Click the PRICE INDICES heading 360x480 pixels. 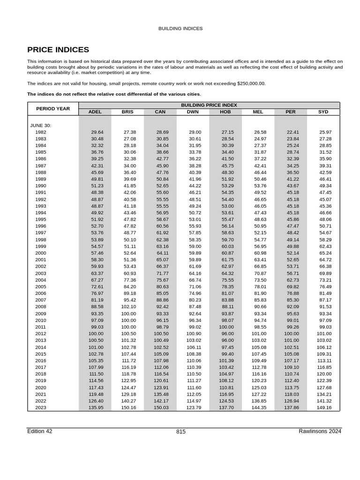tap(58, 50)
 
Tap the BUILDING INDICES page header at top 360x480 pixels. tap(180, 29)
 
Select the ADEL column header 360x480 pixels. tap(95, 112)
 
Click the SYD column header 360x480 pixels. tap(323, 112)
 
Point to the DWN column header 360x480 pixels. tap(193, 112)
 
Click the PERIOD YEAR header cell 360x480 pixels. tap(53, 109)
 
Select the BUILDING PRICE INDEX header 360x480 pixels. tap(209, 105)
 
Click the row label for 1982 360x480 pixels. tap(41, 133)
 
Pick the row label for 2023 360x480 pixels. tap(41, 408)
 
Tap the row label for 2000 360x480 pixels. tap(41, 253)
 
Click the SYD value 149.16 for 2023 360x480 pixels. tap(324, 408)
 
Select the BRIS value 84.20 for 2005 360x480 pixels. tap(129, 286)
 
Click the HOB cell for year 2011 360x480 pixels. tap(226, 327)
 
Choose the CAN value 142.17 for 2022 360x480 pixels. tap(162, 401)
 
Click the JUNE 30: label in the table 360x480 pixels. tap(41, 126)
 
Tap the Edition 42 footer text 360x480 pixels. tap(40, 431)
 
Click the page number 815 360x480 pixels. tap(181, 432)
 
